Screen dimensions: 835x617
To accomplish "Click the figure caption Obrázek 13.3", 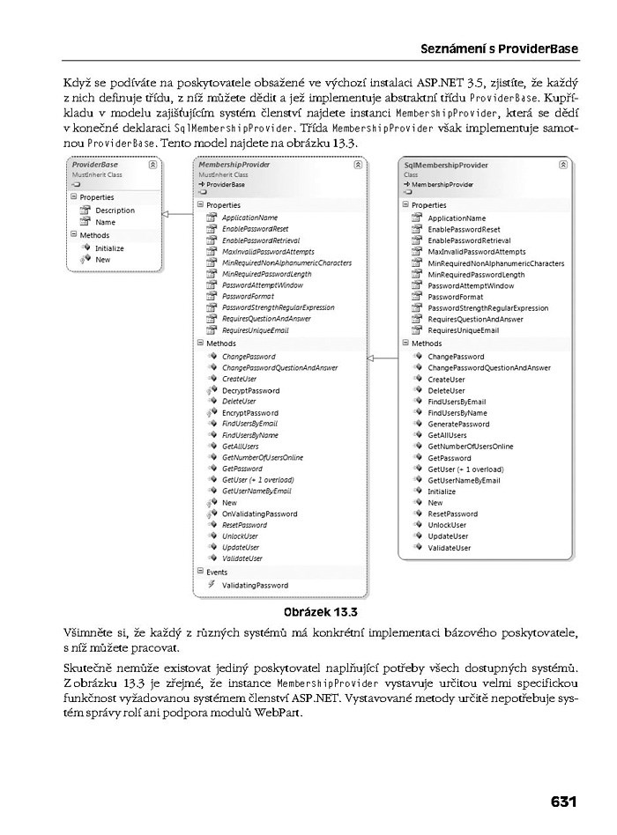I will coord(320,611).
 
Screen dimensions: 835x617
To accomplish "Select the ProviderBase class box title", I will coord(95,165).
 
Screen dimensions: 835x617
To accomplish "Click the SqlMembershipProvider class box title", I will coord(445,165).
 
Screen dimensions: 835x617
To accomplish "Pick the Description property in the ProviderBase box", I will coord(115,211).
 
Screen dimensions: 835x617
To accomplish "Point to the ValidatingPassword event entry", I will coord(255,585).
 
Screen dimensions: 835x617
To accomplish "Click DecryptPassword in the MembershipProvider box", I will coord(250,390).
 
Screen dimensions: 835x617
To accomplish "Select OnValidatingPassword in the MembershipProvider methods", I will coord(259,514).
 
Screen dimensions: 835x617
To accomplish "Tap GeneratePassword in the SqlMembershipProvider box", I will coord(458,424).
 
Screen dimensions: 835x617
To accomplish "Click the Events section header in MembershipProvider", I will coord(216,572).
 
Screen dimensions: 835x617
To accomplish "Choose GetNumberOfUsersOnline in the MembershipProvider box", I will coord(263,457).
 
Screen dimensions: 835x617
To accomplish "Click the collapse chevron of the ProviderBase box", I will coord(152,165).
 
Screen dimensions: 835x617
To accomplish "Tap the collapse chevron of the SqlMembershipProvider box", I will coord(562,165).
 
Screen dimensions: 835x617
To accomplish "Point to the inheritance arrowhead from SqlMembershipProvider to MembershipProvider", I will coord(371,358).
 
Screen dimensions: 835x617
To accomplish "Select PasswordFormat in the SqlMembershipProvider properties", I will coord(455,297).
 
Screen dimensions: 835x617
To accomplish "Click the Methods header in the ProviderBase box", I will coord(94,235).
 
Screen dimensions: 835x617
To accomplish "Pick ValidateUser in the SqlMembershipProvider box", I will coord(449,548).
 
